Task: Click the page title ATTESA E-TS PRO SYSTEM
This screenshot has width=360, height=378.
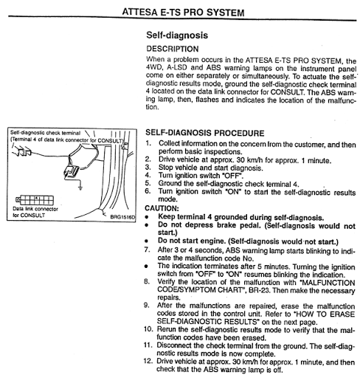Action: coord(183,13)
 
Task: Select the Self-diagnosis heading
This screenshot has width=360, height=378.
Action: coord(177,35)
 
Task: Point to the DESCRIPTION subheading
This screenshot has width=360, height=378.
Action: coord(173,49)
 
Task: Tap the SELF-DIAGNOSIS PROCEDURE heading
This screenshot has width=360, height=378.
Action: coord(205,133)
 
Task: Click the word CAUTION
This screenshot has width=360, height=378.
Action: coord(162,208)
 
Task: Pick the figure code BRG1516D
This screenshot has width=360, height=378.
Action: coord(122,217)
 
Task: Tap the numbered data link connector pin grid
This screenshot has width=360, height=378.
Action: coord(35,200)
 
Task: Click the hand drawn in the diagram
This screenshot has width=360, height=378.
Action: coord(22,151)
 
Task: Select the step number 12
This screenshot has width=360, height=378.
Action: coord(148,361)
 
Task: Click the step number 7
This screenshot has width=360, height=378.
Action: coord(147,250)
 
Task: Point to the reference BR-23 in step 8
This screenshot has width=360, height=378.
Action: coord(259,290)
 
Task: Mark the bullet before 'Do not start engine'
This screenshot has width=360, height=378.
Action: coord(147,241)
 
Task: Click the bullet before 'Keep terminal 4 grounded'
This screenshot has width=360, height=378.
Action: coord(147,217)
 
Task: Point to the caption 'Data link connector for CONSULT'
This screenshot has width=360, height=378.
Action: coord(35,212)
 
